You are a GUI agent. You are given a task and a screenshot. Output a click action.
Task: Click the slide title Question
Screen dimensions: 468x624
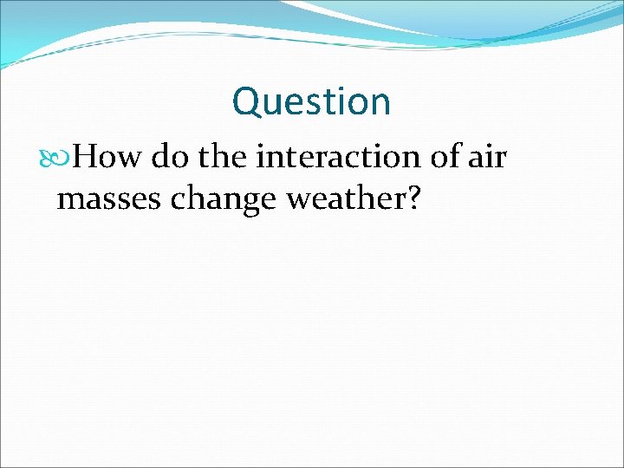(311, 102)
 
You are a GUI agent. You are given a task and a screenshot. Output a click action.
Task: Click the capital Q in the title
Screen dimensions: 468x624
(246, 102)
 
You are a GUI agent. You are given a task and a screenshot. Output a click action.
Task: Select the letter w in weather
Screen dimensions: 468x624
(300, 201)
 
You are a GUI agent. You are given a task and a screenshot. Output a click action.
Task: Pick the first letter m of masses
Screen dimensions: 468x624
(69, 201)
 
